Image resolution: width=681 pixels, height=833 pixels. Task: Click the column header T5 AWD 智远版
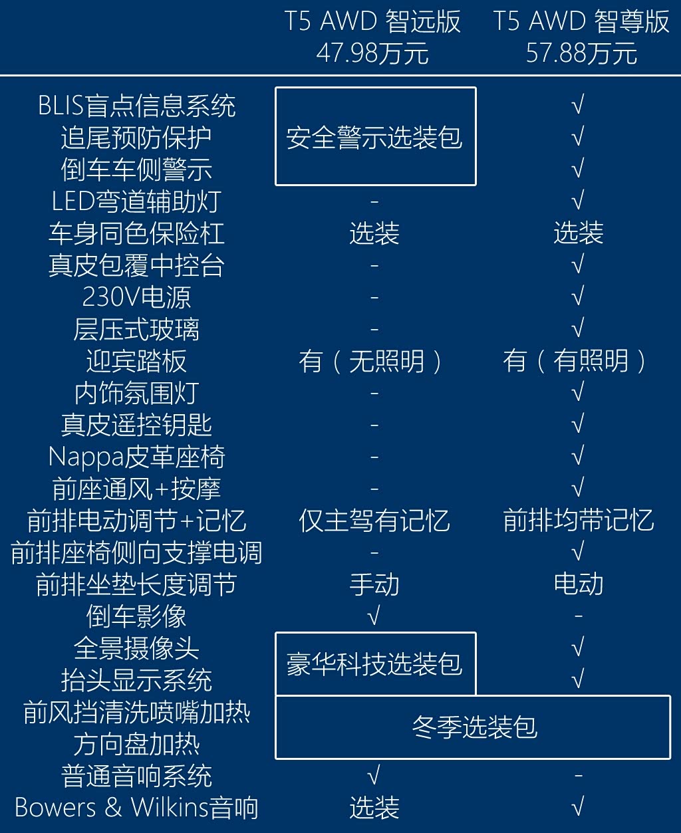click(x=373, y=22)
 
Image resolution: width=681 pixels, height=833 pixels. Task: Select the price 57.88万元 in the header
click(x=581, y=53)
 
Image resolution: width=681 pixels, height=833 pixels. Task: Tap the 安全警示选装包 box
click(x=375, y=136)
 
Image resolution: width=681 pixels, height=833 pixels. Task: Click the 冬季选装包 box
click(x=473, y=727)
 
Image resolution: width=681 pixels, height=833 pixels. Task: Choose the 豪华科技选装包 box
click(x=375, y=663)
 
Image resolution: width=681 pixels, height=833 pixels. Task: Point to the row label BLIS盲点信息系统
click(x=137, y=106)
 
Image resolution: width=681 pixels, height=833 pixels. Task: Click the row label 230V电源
click(x=137, y=297)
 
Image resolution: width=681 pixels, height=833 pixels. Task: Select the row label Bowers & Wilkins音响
click(x=137, y=808)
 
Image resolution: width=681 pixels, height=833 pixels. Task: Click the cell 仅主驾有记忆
click(x=374, y=521)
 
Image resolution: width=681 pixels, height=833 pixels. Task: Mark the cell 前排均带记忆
click(x=579, y=521)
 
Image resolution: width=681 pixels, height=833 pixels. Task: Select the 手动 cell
click(x=374, y=584)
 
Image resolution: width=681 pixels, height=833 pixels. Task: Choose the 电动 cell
click(x=579, y=584)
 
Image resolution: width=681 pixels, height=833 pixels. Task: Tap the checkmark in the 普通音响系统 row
click(x=374, y=776)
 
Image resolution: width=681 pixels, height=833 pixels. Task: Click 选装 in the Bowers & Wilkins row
click(x=374, y=808)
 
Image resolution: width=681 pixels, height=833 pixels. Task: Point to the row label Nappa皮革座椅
click(x=137, y=457)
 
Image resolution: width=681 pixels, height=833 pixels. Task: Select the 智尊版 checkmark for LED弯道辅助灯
click(x=578, y=201)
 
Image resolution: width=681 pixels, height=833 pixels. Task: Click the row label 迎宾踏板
click(x=137, y=361)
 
